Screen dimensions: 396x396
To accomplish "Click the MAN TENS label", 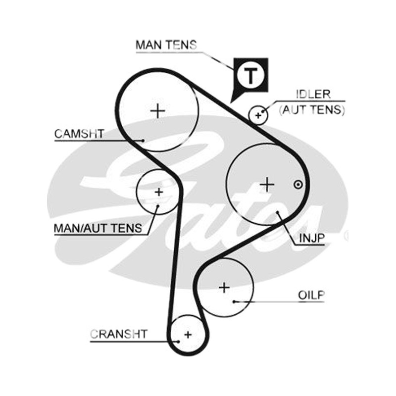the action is [166, 45].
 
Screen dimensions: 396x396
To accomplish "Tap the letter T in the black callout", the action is [250, 75].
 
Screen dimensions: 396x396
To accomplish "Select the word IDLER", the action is [313, 94].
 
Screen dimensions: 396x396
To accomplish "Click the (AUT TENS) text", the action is [312, 109].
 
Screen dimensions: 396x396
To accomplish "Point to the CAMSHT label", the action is [79, 134].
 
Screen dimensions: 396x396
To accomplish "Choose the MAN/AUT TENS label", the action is [98, 228].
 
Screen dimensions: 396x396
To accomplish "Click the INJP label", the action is [312, 238].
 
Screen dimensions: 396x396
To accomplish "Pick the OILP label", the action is [311, 295].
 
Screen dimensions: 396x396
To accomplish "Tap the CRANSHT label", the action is [118, 334].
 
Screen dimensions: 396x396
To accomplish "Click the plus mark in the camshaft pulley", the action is [157, 110].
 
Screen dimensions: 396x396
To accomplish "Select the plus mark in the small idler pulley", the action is [258, 115].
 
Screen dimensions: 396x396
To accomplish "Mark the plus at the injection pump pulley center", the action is [267, 184].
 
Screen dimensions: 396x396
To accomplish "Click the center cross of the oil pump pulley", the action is [224, 288].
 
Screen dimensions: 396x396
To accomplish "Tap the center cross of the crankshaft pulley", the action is [188, 335].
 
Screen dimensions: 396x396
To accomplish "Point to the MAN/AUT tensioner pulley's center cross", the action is [158, 192].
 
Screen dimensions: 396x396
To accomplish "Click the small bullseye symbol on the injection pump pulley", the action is [298, 185].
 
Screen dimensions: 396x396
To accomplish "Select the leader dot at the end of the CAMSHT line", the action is [143, 141].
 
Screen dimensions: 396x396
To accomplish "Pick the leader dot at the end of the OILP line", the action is [234, 301].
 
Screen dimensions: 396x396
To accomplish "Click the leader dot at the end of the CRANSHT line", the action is [178, 342].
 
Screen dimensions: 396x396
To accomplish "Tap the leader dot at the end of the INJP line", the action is [277, 212].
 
